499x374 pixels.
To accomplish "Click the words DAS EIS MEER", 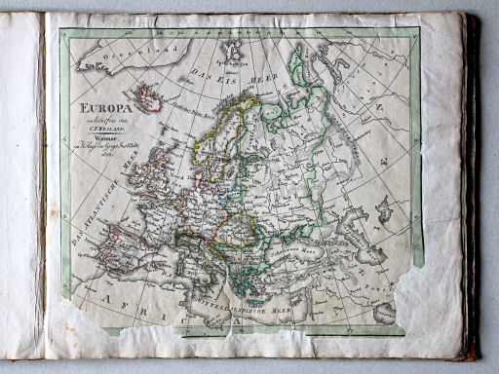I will [227, 70].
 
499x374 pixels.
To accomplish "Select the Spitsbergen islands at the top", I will [230, 49].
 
